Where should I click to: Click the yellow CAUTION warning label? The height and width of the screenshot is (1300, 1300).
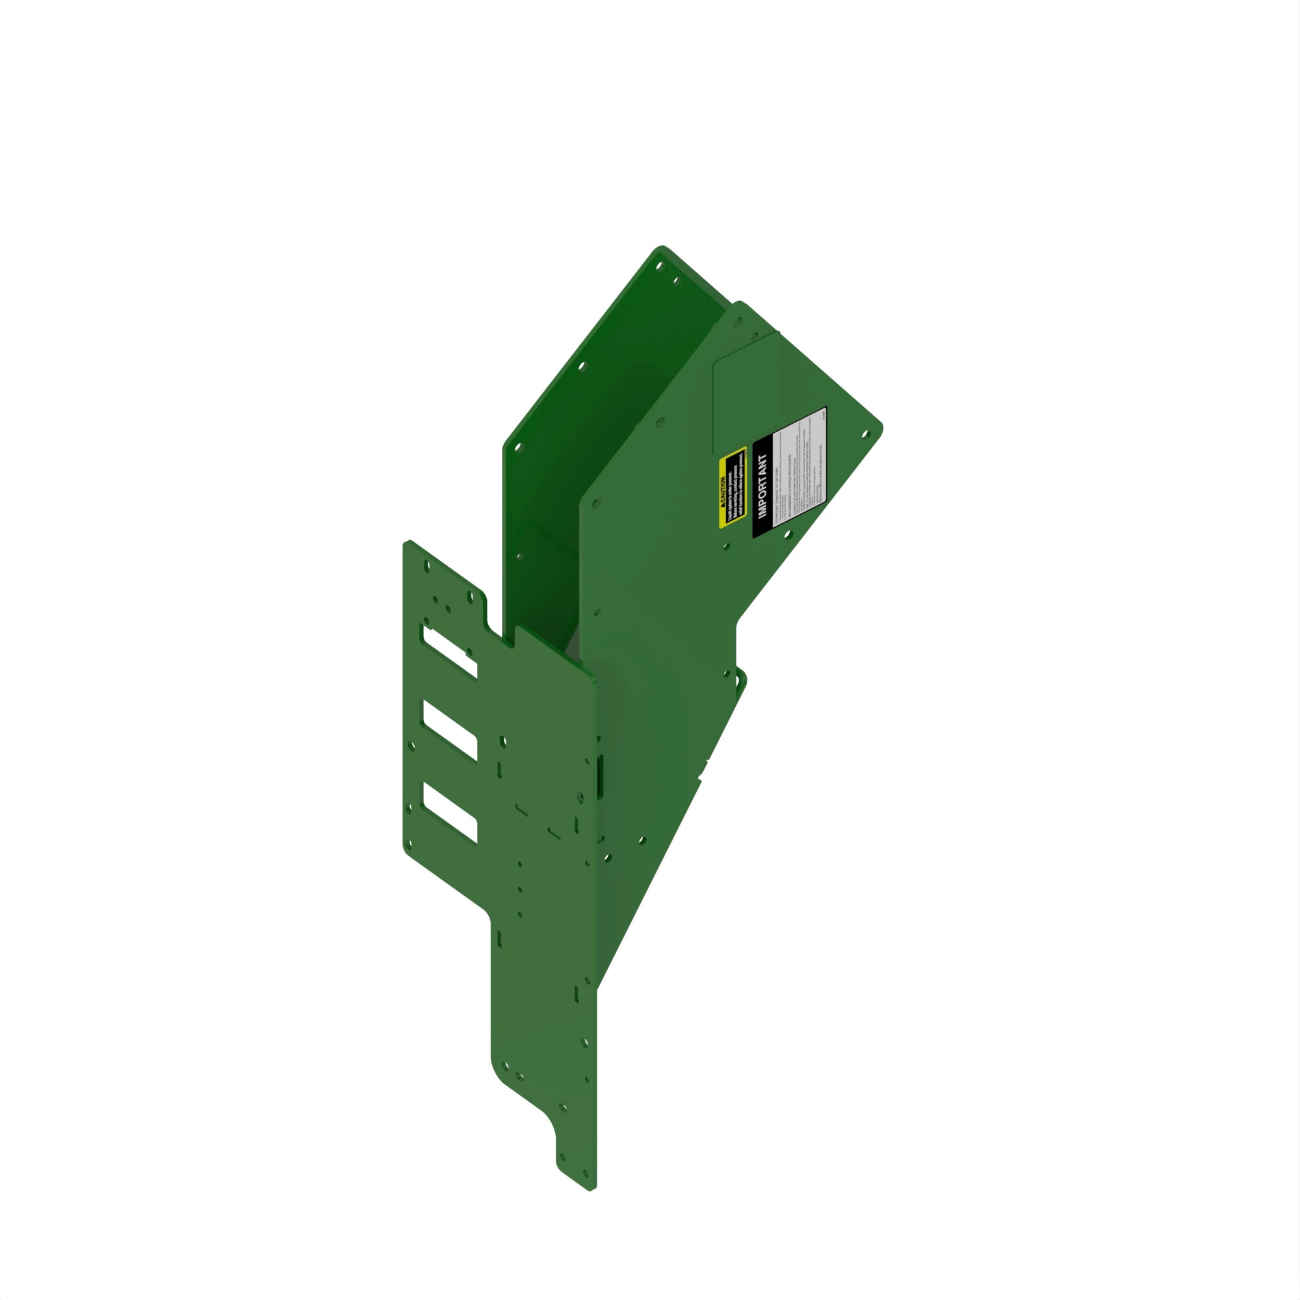(733, 486)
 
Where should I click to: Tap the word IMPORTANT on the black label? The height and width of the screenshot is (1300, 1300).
(762, 485)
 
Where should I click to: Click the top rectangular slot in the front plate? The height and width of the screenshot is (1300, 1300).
(450, 651)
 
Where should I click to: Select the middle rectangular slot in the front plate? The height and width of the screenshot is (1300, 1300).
(450, 730)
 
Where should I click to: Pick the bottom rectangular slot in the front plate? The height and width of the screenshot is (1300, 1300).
(450, 811)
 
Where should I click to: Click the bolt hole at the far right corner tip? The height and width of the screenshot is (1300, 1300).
(866, 435)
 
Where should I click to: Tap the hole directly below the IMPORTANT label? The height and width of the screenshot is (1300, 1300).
(788, 534)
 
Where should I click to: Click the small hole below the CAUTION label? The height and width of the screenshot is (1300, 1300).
(726, 547)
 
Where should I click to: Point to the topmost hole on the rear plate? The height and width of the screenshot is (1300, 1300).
(659, 266)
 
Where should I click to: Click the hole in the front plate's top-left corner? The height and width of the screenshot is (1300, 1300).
(426, 567)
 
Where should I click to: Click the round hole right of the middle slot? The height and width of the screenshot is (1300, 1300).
(502, 742)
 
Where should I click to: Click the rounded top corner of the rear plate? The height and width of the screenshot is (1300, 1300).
(662, 248)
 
